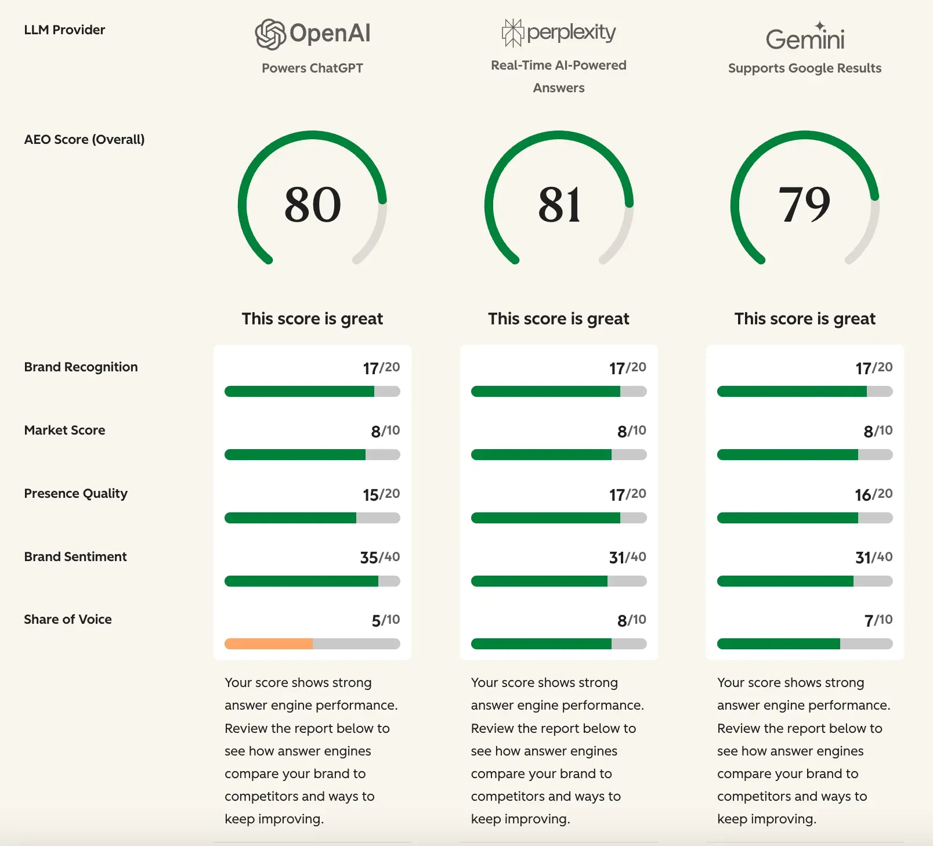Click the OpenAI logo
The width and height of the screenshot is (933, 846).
tap(313, 34)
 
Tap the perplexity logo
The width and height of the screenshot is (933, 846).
tap(559, 32)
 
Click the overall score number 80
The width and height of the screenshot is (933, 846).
tap(313, 204)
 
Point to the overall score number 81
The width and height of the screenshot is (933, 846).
tap(559, 204)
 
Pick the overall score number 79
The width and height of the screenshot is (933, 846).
tap(805, 204)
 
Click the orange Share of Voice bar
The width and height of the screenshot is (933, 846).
tap(269, 643)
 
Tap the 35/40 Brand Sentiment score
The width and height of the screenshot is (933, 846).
tap(380, 558)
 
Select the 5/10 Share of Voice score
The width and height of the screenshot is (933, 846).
tap(386, 620)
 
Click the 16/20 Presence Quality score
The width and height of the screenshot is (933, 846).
tap(873, 494)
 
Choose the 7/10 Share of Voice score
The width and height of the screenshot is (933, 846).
tap(878, 620)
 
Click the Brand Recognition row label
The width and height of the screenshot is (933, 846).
tap(81, 367)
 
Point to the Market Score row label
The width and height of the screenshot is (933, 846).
tap(64, 430)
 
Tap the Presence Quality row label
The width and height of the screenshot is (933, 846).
tap(75, 493)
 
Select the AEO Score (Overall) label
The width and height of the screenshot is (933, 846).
tap(84, 139)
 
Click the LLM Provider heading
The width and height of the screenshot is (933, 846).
tap(64, 30)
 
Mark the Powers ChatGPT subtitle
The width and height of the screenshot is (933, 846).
tap(312, 68)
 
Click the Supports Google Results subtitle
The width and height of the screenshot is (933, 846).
tap(805, 68)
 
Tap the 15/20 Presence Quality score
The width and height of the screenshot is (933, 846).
tap(381, 494)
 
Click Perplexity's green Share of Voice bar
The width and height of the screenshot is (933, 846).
tap(541, 643)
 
